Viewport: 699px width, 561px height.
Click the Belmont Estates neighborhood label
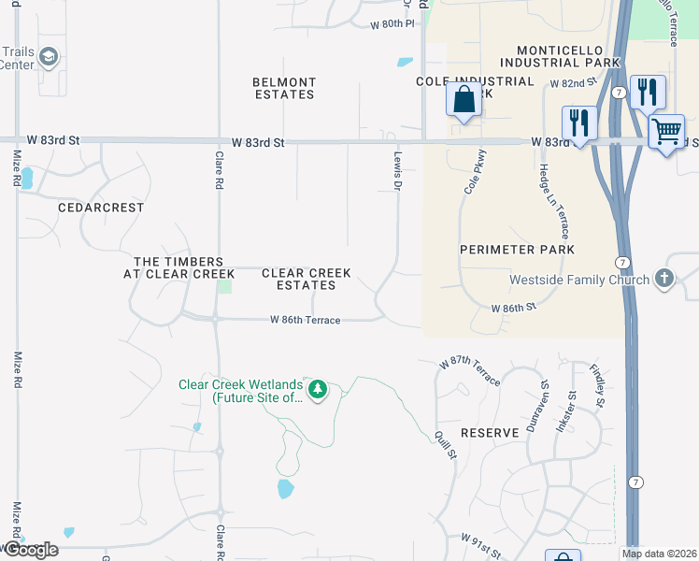pos(284,89)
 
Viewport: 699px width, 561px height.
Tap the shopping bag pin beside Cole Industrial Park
pos(464,98)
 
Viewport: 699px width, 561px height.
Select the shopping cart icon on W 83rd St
pos(665,131)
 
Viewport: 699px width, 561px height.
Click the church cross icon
pos(663,279)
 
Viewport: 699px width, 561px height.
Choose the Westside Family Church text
pos(578,280)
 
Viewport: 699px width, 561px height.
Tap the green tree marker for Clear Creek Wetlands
pos(318,389)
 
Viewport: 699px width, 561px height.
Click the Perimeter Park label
pos(517,250)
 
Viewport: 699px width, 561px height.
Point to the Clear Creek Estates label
pos(307,279)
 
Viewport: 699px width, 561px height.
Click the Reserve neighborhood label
pos(490,433)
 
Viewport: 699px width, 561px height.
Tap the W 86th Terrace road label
pos(305,320)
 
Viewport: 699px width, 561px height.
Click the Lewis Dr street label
pos(397,172)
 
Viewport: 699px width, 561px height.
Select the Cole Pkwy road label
pos(475,172)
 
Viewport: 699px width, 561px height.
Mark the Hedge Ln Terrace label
pos(551,202)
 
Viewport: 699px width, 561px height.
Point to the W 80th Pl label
pos(390,23)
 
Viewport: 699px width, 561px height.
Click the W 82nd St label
pos(573,83)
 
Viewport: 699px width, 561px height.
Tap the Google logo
pos(30,550)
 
